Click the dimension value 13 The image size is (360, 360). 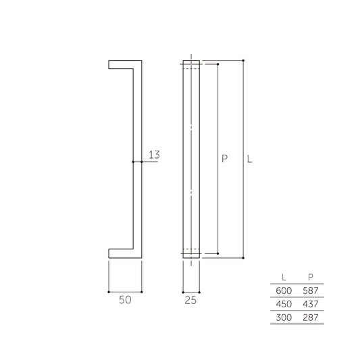point(153,155)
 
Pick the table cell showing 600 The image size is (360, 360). point(282,290)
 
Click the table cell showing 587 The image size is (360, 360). point(310,290)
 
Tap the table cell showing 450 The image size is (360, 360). point(282,303)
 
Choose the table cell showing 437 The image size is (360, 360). point(310,303)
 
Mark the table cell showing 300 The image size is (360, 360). point(282,317)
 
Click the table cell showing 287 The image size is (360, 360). point(310,317)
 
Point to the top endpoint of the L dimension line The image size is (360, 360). point(242,60)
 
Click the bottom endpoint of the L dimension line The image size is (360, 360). point(242,258)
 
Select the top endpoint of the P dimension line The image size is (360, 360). point(217,64)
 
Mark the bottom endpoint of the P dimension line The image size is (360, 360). point(217,253)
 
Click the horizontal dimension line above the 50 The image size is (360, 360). point(125,292)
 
